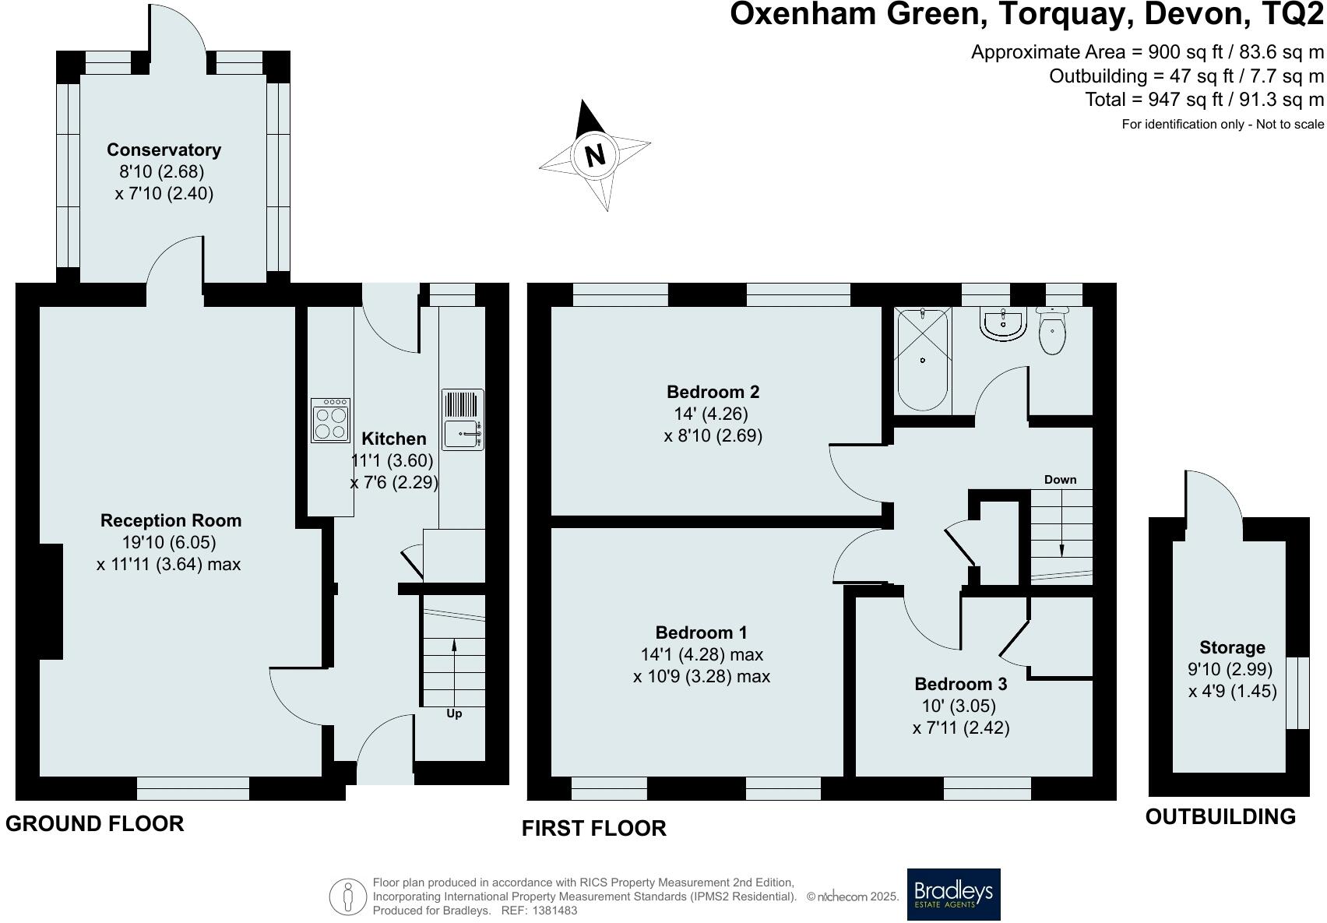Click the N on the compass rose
[x=595, y=155]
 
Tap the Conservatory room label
[x=164, y=150]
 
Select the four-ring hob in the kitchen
[x=330, y=420]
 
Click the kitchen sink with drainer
[x=463, y=419]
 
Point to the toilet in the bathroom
[x=1051, y=330]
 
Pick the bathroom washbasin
[x=1003, y=324]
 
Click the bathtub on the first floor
[x=922, y=360]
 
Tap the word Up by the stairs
[x=454, y=713]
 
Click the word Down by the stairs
[x=1061, y=479]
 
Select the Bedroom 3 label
[x=961, y=684]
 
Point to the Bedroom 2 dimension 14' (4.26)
[x=711, y=414]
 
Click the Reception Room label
[x=171, y=520]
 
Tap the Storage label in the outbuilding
[x=1232, y=647]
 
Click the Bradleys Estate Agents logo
[x=954, y=894]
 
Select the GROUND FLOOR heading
[x=95, y=823]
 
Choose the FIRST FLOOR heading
[x=593, y=828]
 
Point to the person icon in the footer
[x=348, y=897]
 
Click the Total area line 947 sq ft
[x=1205, y=100]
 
